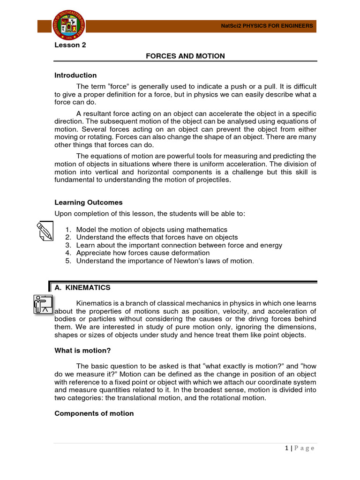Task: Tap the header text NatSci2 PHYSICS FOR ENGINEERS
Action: click(267, 26)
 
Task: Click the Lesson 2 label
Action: click(71, 45)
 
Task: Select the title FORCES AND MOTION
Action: click(185, 56)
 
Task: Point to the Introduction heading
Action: click(75, 75)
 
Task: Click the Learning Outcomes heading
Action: click(89, 202)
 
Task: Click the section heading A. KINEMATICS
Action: click(83, 287)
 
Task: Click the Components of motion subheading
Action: click(94, 413)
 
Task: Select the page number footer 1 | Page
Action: click(299, 448)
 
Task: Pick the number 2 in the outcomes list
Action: click(67, 238)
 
